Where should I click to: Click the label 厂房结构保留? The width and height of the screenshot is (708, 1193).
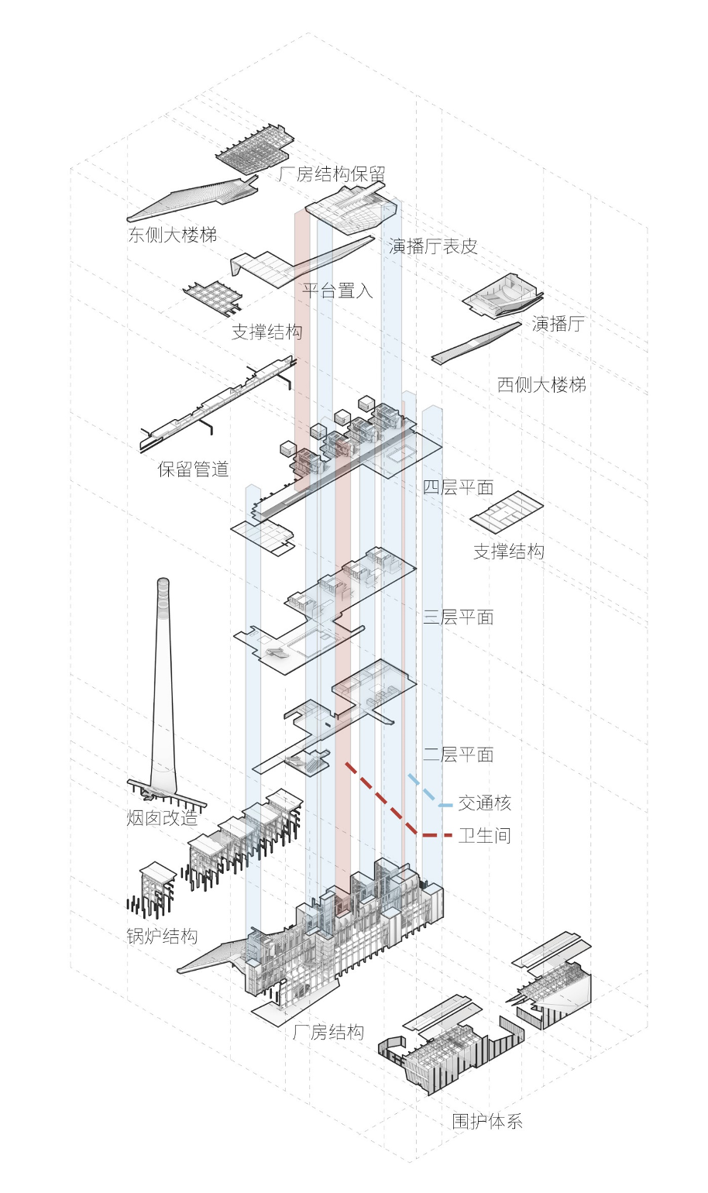[x=332, y=174]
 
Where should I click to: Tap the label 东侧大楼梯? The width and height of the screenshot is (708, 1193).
[x=173, y=235]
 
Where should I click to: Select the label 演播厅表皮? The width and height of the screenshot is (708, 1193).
[x=432, y=246]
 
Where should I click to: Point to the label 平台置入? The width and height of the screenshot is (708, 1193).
[x=337, y=291]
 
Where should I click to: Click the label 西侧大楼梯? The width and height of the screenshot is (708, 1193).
[x=541, y=384]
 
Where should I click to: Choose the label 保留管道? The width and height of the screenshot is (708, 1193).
[x=193, y=469]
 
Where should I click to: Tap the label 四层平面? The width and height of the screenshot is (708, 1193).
[x=458, y=486]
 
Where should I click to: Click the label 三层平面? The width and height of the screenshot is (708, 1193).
[x=458, y=617]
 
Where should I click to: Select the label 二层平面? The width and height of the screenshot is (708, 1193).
[x=458, y=755]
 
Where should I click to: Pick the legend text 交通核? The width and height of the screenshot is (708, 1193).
[x=485, y=803]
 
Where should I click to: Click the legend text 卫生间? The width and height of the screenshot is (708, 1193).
[x=485, y=836]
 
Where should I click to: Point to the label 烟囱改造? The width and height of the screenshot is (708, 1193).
[x=162, y=818]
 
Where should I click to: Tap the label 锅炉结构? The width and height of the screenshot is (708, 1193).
[x=162, y=937]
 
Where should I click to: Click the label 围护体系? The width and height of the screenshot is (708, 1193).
[x=487, y=1121]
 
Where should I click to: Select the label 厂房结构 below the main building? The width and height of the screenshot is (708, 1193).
[x=328, y=1032]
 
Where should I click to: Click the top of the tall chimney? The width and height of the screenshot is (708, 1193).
[x=163, y=580]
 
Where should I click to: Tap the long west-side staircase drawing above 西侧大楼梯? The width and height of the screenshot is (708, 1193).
[x=476, y=343]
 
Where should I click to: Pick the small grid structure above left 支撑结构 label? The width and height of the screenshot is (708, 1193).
[x=212, y=297]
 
